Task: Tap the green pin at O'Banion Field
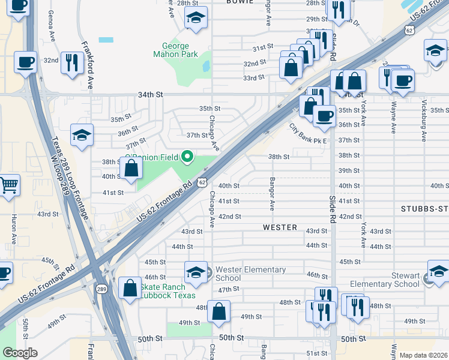pos(187,157)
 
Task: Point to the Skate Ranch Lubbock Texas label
pos(163,290)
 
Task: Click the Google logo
pos(20,353)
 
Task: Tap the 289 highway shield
pos(102,289)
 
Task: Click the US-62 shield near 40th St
pos(203,182)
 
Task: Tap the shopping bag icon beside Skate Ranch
pos(130,288)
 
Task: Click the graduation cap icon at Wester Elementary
pos(195,272)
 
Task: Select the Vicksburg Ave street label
pos(424,120)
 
